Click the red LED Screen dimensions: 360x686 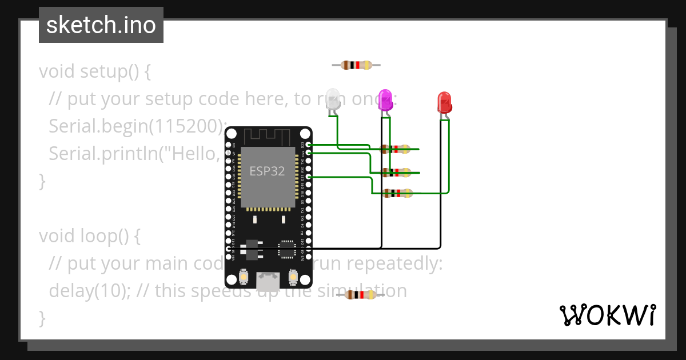pos(444,102)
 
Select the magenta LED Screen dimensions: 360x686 pos(385,100)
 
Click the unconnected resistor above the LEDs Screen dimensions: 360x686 pos(356,65)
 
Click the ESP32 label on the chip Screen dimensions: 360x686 pos(267,171)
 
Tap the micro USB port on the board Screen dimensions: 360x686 pos(268,281)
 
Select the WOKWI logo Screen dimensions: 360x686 pos(607,315)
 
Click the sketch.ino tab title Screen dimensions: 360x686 pos(101,25)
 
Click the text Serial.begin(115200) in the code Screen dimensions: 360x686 pos(137,126)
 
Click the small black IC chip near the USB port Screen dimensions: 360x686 pos(286,249)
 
